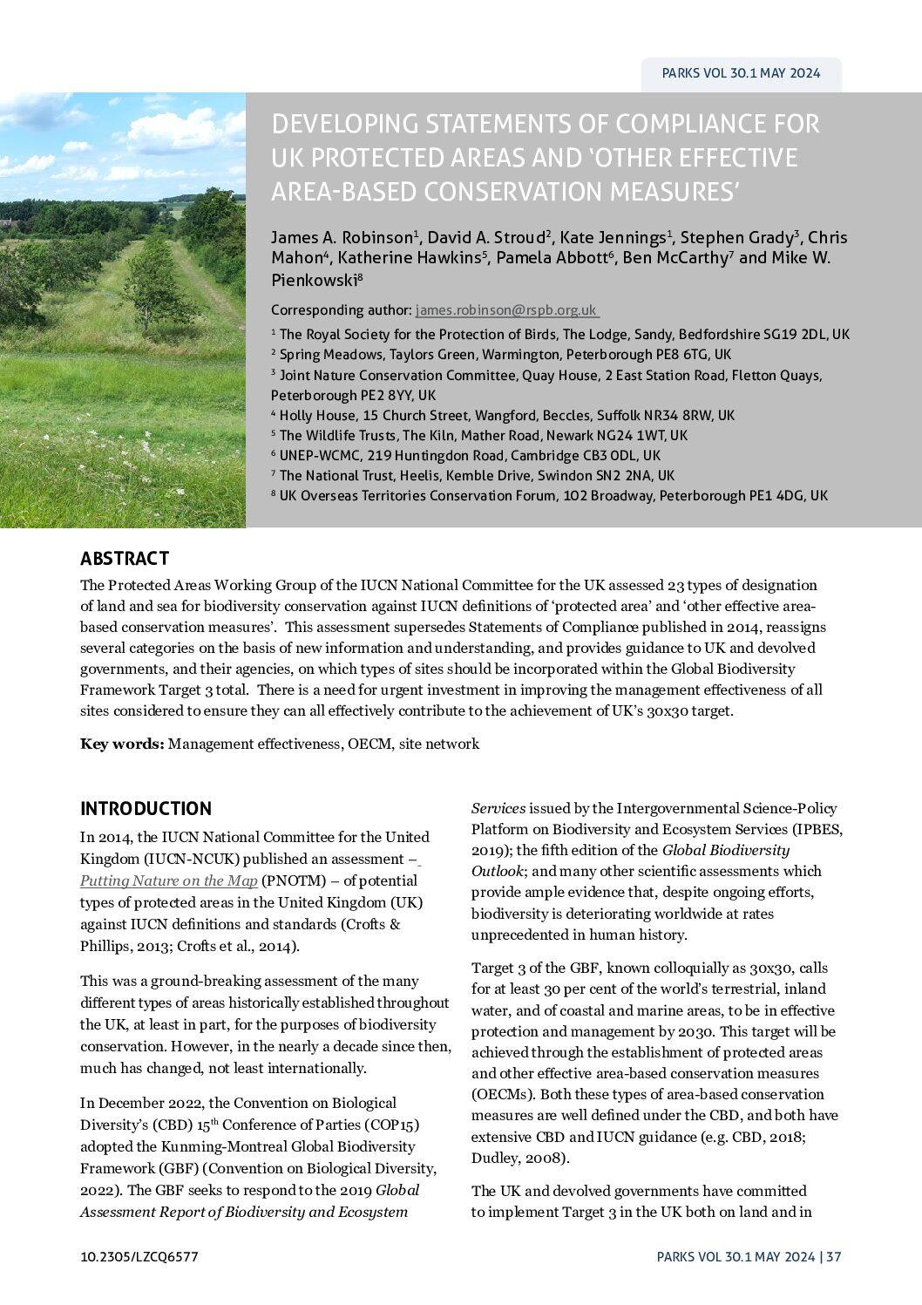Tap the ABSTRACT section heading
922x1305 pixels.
tap(125, 559)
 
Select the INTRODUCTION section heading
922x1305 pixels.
tap(146, 808)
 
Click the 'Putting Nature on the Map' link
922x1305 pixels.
tap(168, 880)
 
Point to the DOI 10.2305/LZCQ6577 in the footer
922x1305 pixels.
tap(139, 1256)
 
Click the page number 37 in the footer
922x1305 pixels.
tap(834, 1256)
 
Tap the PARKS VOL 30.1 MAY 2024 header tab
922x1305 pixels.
tap(741, 74)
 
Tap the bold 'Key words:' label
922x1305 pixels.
tap(122, 744)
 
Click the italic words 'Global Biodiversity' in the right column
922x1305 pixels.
tap(725, 850)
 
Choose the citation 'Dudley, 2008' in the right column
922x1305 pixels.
tap(518, 1159)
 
